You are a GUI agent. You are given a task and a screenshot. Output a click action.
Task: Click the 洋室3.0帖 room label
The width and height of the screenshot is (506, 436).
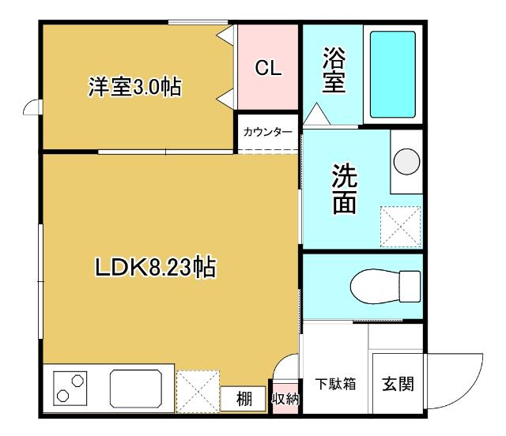pyautogui.click(x=134, y=87)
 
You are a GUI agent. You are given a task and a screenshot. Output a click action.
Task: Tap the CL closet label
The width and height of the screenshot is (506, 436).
pyautogui.click(x=268, y=68)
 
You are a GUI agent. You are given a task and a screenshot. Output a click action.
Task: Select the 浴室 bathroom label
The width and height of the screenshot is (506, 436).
pyautogui.click(x=334, y=70)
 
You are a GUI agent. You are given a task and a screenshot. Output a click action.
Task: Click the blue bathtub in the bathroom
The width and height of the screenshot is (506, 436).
pyautogui.click(x=393, y=73)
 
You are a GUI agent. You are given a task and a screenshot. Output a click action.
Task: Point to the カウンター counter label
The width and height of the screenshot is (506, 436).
pyautogui.click(x=267, y=132)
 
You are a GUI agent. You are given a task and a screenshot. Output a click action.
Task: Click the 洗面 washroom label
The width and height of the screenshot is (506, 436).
pyautogui.click(x=344, y=189)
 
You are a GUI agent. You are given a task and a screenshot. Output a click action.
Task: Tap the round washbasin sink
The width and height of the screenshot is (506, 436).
pyautogui.click(x=406, y=161)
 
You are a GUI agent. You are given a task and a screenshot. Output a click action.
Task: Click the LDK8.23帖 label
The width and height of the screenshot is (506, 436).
pyautogui.click(x=156, y=268)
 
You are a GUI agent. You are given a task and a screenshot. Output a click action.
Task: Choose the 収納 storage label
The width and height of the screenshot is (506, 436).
pyautogui.click(x=285, y=399)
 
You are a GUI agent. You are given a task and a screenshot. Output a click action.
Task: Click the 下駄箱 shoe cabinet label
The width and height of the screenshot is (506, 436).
pyautogui.click(x=336, y=385)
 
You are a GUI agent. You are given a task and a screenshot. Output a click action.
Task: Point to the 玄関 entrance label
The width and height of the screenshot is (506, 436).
pyautogui.click(x=397, y=385)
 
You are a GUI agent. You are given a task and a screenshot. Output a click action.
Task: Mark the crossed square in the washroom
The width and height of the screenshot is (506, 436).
pyautogui.click(x=400, y=226)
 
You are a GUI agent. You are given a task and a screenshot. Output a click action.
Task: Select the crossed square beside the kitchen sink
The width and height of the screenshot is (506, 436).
pyautogui.click(x=197, y=389)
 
